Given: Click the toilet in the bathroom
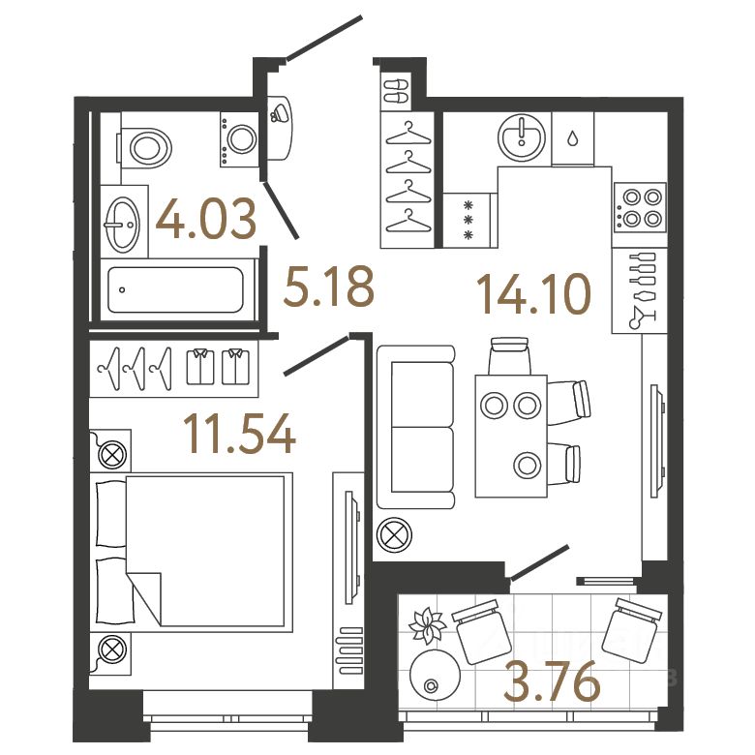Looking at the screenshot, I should [x=146, y=146].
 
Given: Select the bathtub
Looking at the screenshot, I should [x=174, y=289].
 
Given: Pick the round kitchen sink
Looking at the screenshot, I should [x=522, y=136].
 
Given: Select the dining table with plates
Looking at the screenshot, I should [x=511, y=435].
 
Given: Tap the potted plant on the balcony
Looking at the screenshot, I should [x=426, y=626].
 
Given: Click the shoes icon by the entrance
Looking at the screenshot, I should [x=398, y=92].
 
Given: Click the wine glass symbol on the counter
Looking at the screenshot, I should [x=639, y=315].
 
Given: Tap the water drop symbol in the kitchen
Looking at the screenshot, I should [x=575, y=138].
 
